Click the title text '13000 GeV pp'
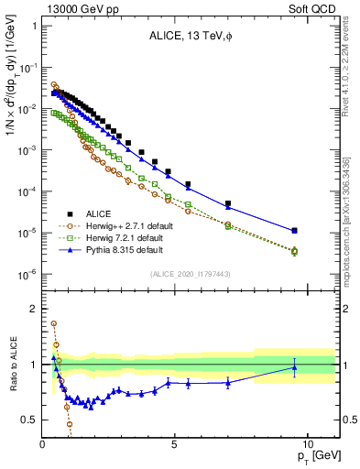[x=73, y=8]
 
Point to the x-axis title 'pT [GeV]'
[x=317, y=455]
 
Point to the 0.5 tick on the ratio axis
[x=30, y=420]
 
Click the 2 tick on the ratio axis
[x=34, y=309]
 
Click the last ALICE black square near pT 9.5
[x=294, y=231]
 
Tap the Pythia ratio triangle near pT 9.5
[x=294, y=367]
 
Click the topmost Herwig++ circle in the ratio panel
[x=53, y=323]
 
